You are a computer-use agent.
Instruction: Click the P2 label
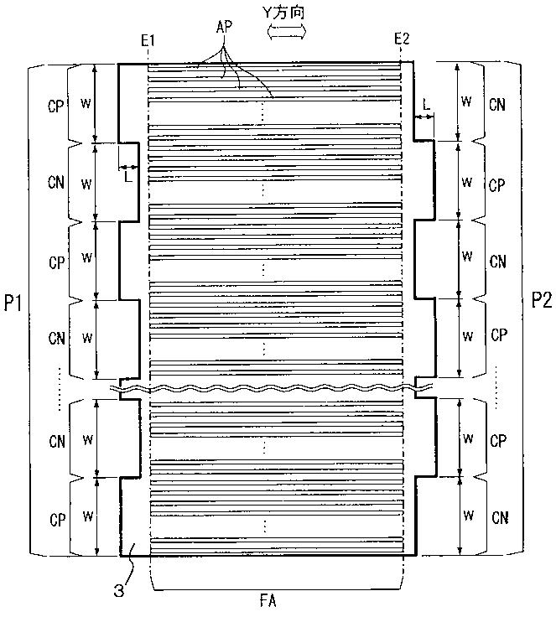541,299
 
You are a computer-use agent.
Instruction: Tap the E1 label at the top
149,39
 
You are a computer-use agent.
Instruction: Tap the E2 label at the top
402,39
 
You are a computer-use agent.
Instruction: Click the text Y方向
286,12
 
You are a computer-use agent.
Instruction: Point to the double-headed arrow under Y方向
286,30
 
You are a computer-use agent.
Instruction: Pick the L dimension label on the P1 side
128,176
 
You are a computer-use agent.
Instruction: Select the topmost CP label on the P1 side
57,105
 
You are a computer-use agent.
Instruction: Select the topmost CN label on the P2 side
497,105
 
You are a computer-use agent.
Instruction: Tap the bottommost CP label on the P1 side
57,517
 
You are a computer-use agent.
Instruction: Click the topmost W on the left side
85,104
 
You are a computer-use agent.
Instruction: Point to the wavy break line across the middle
277,389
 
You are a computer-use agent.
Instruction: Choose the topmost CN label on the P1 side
57,184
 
